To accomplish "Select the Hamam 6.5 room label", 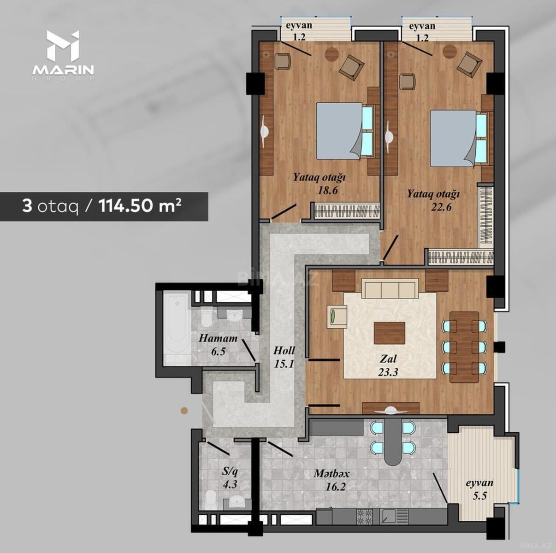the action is [x=218, y=345].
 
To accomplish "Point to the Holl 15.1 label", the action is [x=284, y=357].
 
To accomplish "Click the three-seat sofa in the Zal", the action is [x=390, y=288].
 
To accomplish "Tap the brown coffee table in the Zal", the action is [x=389, y=333].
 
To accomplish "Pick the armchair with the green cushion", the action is [x=337, y=316].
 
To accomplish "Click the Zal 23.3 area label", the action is [x=388, y=365].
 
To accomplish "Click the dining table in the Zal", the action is [x=464, y=347].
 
